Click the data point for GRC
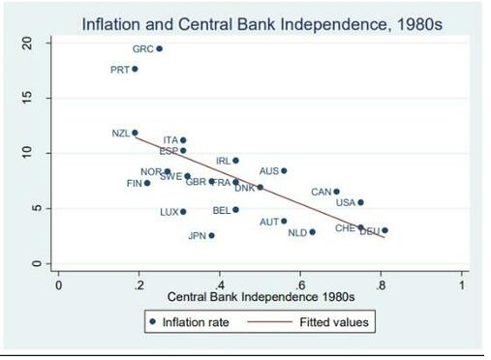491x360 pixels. click(160, 48)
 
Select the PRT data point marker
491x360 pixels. click(136, 69)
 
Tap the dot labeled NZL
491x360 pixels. click(136, 133)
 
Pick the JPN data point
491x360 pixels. click(211, 235)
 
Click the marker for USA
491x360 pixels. click(360, 202)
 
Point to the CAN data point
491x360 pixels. click(336, 192)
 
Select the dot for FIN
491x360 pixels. click(147, 183)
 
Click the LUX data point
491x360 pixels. click(183, 212)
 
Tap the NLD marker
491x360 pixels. click(312, 232)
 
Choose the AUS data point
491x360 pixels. click(284, 171)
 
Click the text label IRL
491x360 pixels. click(223, 161)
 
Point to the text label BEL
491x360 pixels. click(221, 210)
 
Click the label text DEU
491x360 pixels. click(369, 232)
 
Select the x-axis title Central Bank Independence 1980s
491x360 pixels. click(261, 295)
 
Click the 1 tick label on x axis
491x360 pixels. click(462, 285)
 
